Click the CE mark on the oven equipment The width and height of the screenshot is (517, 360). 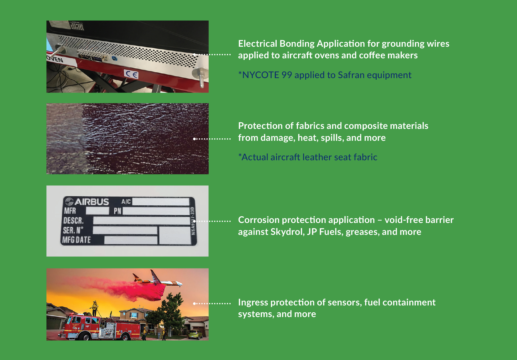coord(131,74)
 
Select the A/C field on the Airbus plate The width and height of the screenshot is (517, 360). coord(161,202)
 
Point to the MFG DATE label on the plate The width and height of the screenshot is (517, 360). coord(76,240)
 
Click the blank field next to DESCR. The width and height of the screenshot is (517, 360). coord(142,220)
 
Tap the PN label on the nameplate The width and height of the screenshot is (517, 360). coord(117,211)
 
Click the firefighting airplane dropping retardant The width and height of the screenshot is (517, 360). coord(157,280)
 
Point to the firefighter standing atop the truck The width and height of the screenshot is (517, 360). coord(95,308)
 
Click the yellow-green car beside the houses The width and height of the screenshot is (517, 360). coord(195,334)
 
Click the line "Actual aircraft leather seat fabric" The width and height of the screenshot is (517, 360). coord(308,157)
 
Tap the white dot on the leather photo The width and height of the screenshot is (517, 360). coord(195,139)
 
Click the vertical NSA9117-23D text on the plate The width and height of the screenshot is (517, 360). coord(193,221)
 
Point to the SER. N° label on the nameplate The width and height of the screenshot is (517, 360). coord(73,230)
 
